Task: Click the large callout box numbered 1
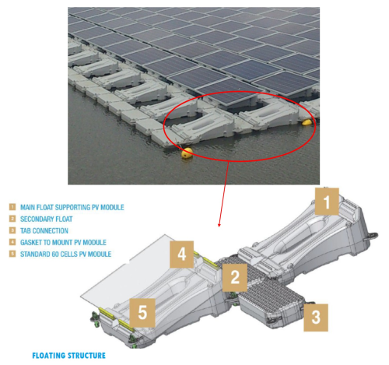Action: click(x=327, y=202)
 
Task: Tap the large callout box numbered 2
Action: click(x=235, y=277)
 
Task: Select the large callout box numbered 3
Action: click(x=316, y=318)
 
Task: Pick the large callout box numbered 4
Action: click(x=182, y=254)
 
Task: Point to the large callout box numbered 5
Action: click(x=142, y=313)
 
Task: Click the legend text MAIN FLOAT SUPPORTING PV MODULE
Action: click(x=72, y=207)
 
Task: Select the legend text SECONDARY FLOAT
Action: click(x=47, y=219)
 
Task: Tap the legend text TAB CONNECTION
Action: click(x=44, y=230)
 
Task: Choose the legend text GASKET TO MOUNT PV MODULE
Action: click(x=63, y=242)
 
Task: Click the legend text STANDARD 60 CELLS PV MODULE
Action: click(x=66, y=254)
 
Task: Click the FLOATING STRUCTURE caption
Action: click(x=69, y=356)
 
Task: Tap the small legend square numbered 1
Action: click(x=12, y=207)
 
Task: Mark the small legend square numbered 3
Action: click(x=12, y=230)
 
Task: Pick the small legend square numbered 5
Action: click(x=12, y=254)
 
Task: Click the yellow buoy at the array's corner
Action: click(x=187, y=153)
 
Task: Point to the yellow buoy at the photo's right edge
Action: click(x=307, y=122)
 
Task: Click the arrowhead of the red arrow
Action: click(x=219, y=225)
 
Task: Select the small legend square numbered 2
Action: click(x=12, y=219)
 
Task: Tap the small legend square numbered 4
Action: click(x=12, y=242)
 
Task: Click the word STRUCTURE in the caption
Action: click(x=87, y=356)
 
